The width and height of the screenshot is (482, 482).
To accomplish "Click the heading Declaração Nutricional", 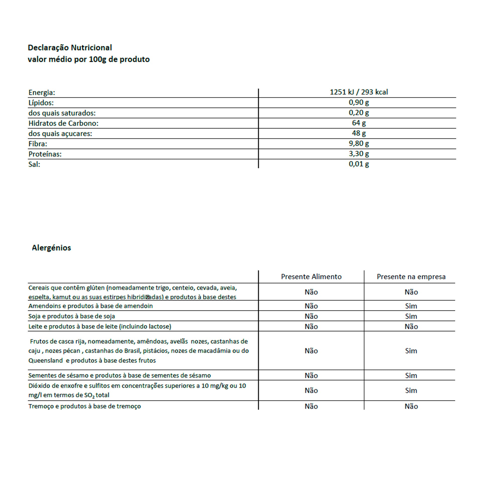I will coord(70,47).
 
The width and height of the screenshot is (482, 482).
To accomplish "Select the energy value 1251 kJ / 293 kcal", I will coord(359,92).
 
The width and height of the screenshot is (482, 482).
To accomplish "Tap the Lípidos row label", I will coord(41,103).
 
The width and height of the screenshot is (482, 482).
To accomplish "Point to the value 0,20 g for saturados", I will coord(359,113).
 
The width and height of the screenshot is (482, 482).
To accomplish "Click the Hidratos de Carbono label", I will coord(63,123).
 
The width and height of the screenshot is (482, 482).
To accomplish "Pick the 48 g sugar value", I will coord(359,133).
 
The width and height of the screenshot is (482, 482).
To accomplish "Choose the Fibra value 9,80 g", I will coord(359,143).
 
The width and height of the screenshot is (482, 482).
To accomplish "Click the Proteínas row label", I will coord(45,154).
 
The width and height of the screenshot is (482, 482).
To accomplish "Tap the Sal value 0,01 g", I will coord(359,164).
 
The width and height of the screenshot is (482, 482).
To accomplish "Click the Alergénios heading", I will coord(51,248).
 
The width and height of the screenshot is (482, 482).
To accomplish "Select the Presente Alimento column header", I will coord(311,277).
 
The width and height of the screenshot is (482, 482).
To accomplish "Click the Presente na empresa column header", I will coord(411,277).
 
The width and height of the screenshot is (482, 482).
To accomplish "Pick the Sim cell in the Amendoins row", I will coord(411,306).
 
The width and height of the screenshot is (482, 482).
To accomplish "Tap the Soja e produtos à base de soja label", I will coord(72,316).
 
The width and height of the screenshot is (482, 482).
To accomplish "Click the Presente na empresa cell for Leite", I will coord(411,326).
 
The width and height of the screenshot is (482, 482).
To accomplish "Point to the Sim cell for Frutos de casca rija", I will coord(411,351).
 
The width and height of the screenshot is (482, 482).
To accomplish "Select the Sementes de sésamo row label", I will coord(119,375).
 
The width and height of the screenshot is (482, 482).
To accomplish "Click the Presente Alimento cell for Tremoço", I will coord(311,406).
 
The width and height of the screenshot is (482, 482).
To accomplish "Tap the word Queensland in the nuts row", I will coord(45,360).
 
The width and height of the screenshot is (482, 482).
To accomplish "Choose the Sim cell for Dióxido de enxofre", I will coord(411,390).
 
